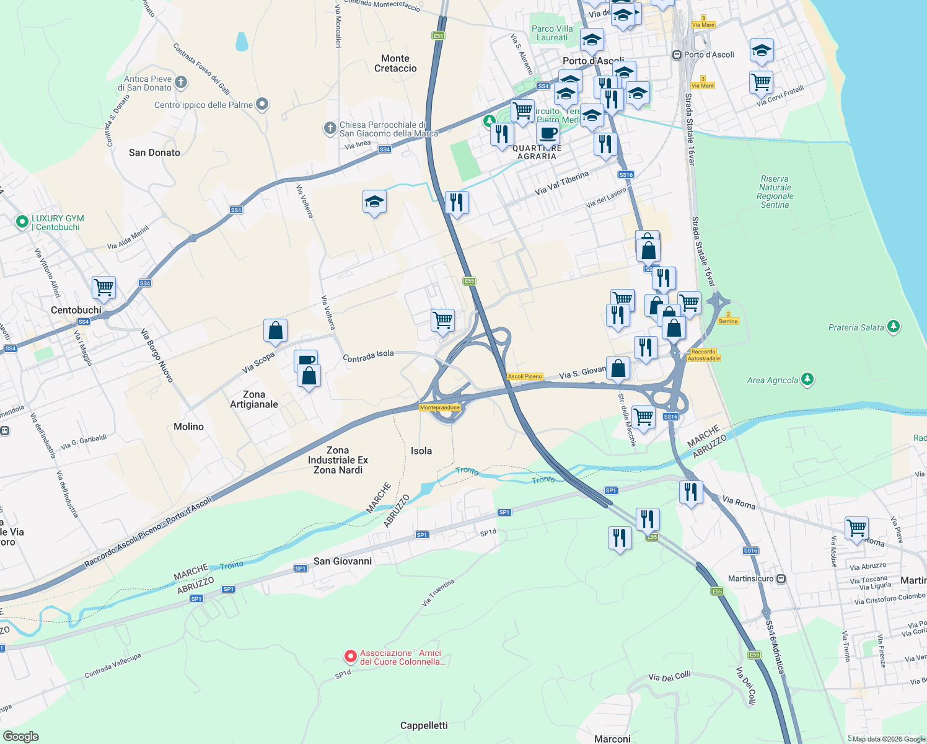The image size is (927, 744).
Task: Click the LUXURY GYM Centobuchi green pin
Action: (x=22, y=221)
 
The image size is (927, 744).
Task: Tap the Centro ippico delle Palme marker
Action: (x=262, y=104)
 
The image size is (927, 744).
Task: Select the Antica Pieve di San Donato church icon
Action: (x=181, y=82)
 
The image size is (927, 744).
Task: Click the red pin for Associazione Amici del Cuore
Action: (x=350, y=656)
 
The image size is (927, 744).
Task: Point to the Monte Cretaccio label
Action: (x=395, y=63)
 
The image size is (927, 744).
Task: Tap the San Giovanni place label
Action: (x=343, y=561)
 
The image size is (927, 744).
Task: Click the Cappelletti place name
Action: (x=424, y=725)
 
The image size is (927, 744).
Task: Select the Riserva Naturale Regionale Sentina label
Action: (x=775, y=192)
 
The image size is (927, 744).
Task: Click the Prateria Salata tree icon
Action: (x=893, y=326)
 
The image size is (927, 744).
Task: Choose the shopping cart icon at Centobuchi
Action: (x=103, y=287)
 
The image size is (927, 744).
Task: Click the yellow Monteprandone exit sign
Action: (x=440, y=407)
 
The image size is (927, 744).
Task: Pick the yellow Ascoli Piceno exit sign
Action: (x=525, y=376)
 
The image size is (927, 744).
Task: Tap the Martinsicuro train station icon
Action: (x=781, y=578)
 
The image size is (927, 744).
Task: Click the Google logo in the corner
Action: (x=20, y=736)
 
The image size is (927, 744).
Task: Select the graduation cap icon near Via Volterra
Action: (x=374, y=202)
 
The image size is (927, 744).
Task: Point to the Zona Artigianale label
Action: (x=254, y=399)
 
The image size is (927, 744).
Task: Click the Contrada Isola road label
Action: (x=368, y=356)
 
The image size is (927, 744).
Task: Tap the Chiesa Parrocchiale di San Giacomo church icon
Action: (x=330, y=128)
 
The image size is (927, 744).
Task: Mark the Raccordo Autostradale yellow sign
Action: (x=703, y=355)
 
